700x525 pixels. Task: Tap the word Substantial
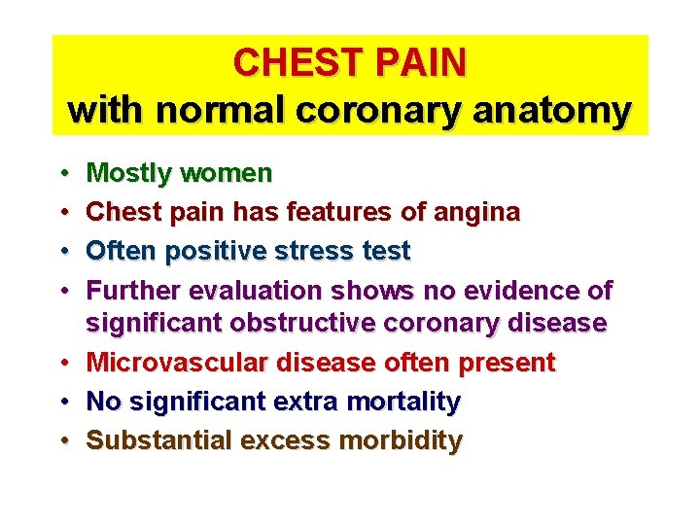tap(159, 439)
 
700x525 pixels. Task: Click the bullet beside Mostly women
tap(62, 174)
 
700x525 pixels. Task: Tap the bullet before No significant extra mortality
tap(62, 401)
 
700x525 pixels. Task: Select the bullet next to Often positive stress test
tap(62, 251)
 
